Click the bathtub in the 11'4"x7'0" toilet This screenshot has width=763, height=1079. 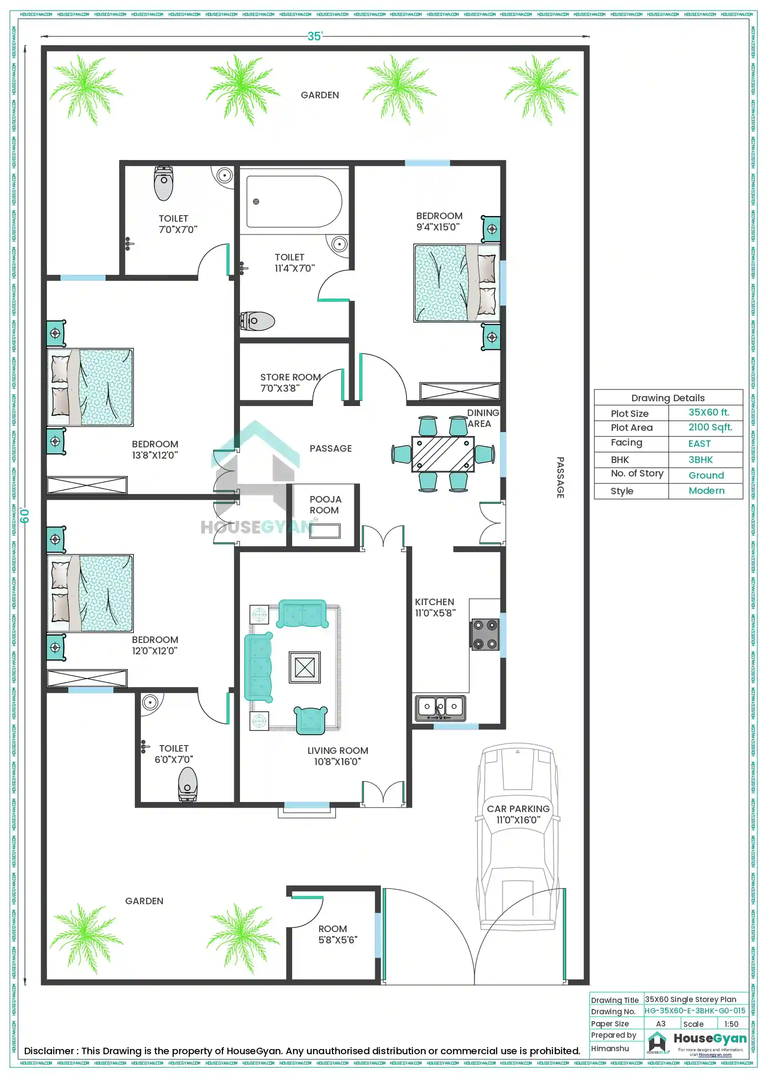pos(294,202)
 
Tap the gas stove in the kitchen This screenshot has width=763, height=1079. pos(485,634)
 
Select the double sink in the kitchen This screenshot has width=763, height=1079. pos(440,708)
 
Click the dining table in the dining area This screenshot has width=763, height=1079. pos(443,454)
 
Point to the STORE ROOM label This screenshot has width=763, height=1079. pos(290,377)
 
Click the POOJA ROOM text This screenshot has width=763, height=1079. pos(325,505)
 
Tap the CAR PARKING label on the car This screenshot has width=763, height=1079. pos(518,809)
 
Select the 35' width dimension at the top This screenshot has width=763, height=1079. pos(315,36)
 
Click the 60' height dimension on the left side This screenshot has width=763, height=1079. pos(25,516)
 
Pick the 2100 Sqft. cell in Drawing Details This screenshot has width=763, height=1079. pos(710,427)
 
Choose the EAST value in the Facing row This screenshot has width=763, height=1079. pos(699,443)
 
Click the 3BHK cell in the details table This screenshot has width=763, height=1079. pos(700,460)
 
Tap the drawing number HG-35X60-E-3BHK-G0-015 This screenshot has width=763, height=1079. pos(694,1011)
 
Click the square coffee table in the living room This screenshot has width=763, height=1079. pos(305,667)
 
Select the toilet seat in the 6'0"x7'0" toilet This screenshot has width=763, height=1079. pos(187,783)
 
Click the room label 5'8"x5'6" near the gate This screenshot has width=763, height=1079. pos(337,934)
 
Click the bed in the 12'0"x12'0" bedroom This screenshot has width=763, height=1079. pos(90,593)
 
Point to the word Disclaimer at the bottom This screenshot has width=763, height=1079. pos(49,1051)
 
